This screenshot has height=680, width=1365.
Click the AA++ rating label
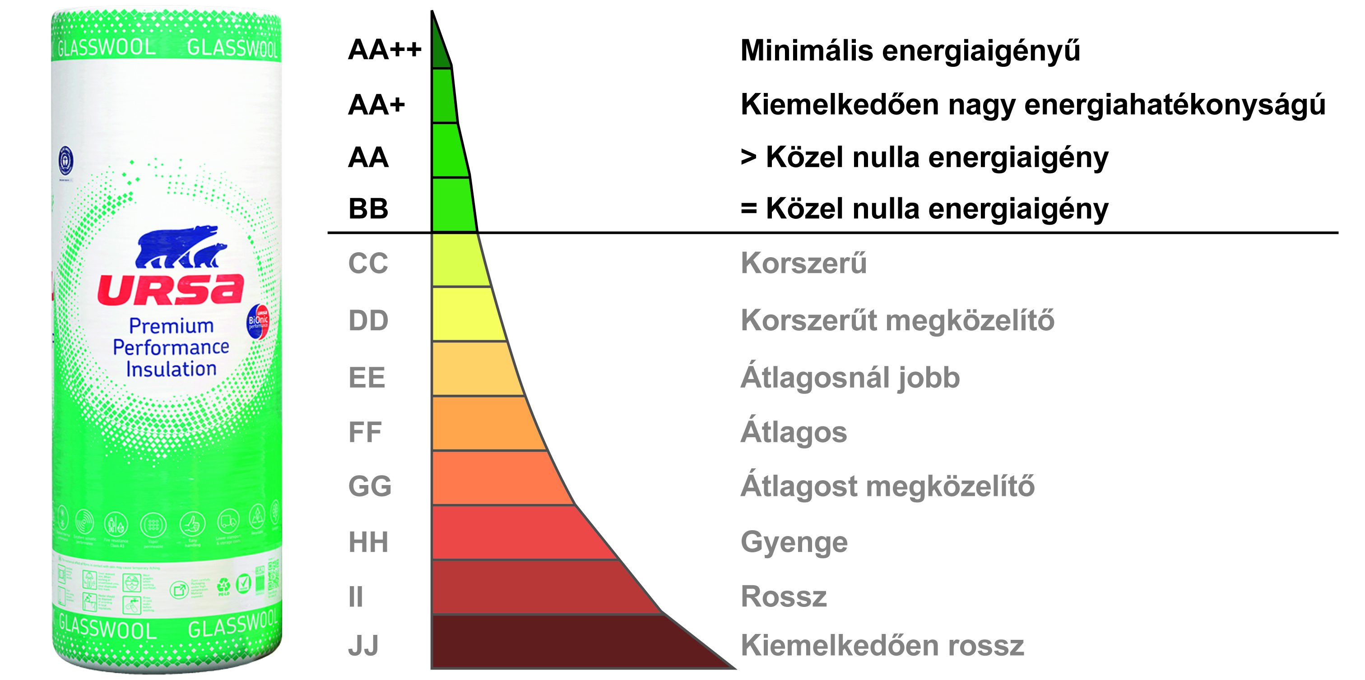(x=384, y=50)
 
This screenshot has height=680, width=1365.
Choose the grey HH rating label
(x=368, y=542)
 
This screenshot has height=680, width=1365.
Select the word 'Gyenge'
(x=794, y=542)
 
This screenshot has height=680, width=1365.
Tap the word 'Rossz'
(x=784, y=597)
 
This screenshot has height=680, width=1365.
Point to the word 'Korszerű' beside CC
(x=803, y=263)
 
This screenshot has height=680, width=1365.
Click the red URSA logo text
(x=171, y=290)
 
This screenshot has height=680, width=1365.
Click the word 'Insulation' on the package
(x=171, y=369)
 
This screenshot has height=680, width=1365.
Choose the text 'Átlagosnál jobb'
(x=850, y=377)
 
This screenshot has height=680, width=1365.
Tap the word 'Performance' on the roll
(x=171, y=347)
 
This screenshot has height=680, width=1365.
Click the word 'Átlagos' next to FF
(x=793, y=432)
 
